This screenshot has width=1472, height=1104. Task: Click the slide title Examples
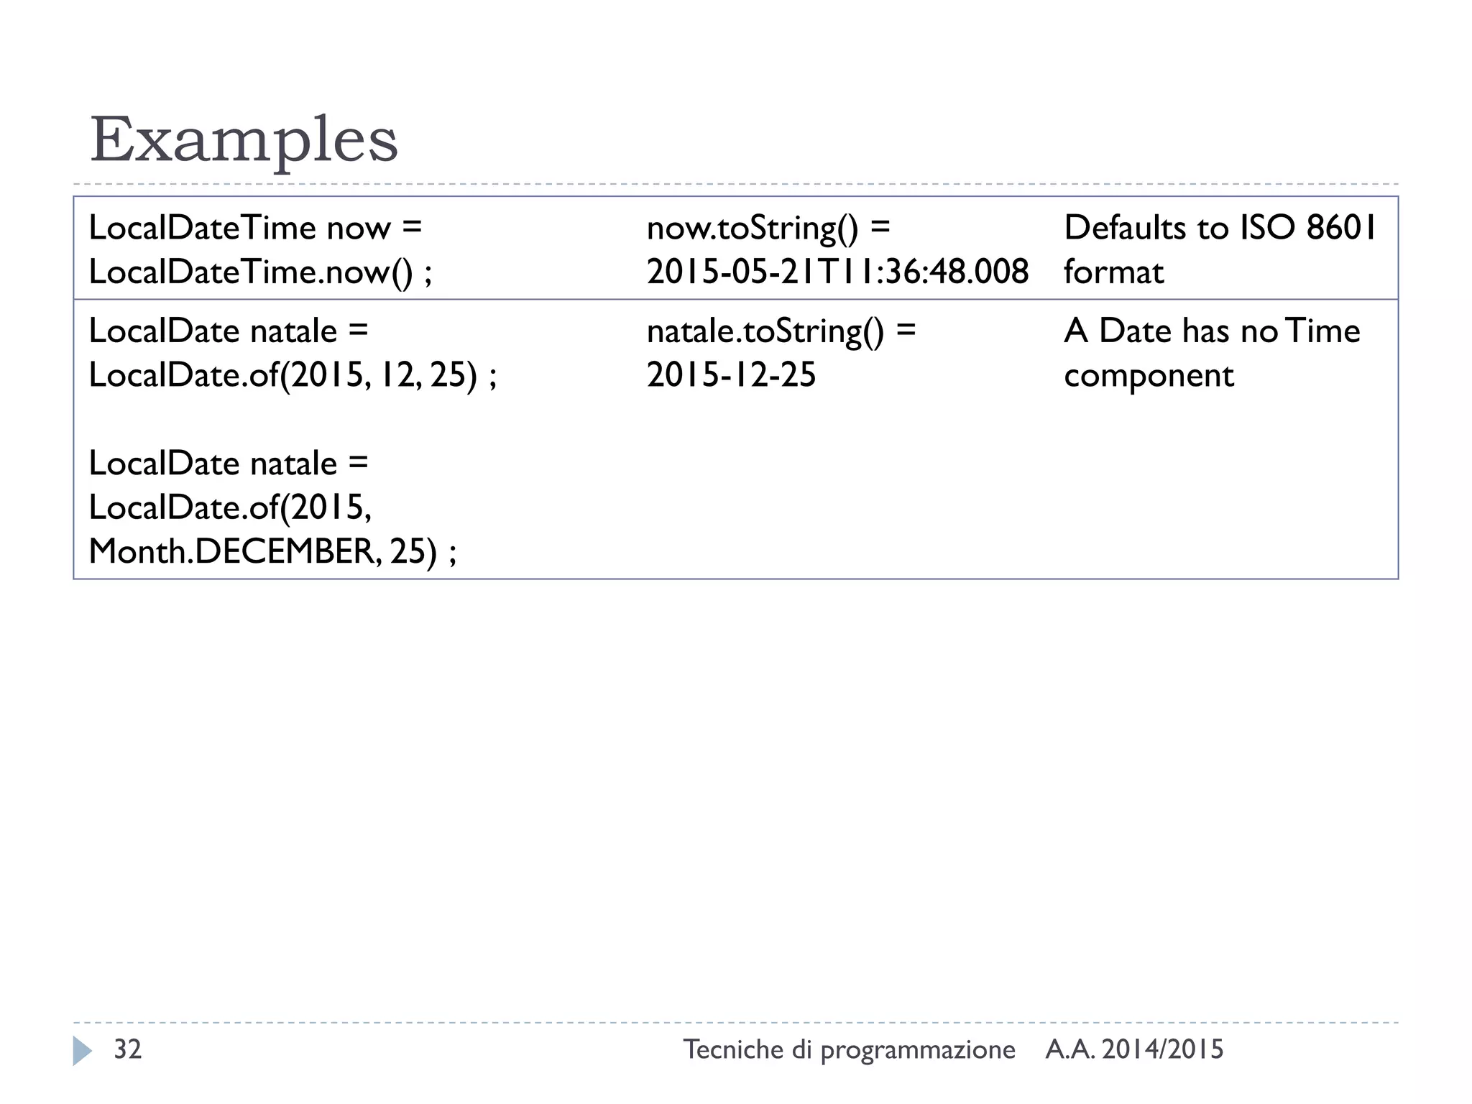[244, 140]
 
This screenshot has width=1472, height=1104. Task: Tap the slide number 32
[128, 1049]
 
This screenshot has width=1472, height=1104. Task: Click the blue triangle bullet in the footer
[82, 1050]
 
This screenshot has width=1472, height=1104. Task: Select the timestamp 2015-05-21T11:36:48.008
[837, 272]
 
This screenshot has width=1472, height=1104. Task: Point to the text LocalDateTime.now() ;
[260, 272]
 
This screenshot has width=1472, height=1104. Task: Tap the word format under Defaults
[1113, 272]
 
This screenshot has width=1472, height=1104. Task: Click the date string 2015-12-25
[731, 375]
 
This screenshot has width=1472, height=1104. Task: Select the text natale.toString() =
[781, 331]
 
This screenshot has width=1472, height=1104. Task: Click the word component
[1149, 376]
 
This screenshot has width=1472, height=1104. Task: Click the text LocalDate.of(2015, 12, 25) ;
[293, 375]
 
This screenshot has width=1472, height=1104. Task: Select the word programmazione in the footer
[918, 1051]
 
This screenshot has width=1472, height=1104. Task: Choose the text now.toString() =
[768, 229]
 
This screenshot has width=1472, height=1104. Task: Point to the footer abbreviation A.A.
[1070, 1049]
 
